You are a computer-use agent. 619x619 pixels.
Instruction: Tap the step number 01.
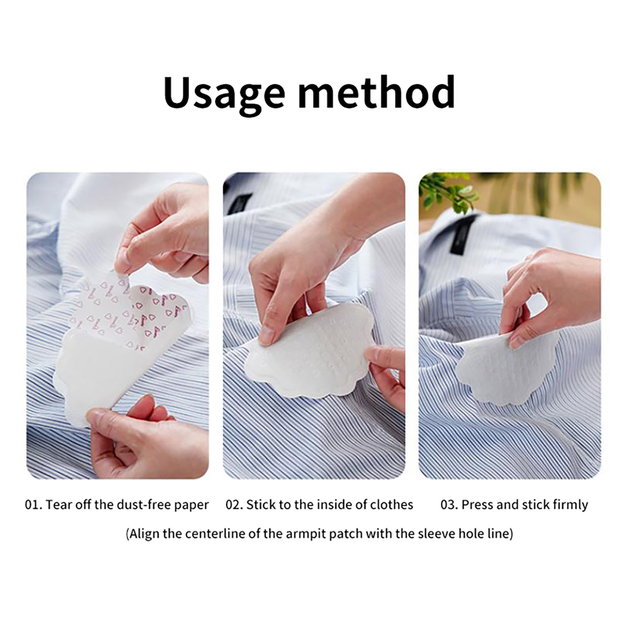33,504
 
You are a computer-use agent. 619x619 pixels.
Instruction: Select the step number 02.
234,504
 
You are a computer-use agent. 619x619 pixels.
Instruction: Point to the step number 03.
449,504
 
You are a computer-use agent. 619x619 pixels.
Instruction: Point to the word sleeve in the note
440,534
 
